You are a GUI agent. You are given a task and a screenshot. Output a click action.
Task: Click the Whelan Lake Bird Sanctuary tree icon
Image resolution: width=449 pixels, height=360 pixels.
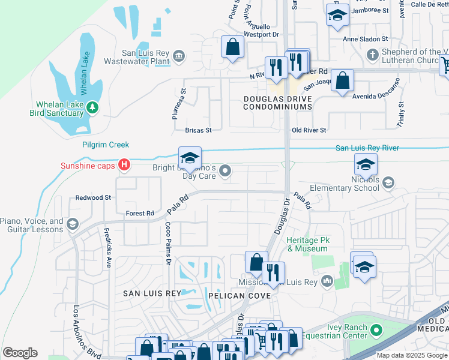point(92,107)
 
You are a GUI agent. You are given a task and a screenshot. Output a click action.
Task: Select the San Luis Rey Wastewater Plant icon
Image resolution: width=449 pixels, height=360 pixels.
point(179,56)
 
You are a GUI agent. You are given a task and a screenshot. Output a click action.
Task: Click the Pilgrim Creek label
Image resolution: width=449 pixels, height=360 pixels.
point(106,145)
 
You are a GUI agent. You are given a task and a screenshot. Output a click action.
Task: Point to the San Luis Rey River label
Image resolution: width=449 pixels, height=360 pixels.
point(367,148)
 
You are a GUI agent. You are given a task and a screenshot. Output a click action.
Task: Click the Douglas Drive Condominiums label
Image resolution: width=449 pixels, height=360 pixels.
point(278,102)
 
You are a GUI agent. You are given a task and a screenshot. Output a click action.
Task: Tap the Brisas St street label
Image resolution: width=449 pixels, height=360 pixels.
point(198,130)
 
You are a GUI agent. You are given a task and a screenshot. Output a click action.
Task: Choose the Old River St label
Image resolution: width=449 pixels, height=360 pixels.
point(309,130)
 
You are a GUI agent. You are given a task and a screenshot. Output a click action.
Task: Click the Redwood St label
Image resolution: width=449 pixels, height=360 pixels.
point(93,197)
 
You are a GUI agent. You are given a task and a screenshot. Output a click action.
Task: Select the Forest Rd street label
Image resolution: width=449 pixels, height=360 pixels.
point(140,213)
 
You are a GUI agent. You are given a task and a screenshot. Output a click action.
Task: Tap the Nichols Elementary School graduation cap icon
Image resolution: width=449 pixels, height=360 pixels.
point(388,182)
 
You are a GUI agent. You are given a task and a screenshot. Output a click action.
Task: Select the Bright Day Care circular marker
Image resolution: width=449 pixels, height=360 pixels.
point(225,172)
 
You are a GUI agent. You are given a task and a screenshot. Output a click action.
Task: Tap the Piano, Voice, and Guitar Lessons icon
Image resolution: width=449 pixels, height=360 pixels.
point(73,224)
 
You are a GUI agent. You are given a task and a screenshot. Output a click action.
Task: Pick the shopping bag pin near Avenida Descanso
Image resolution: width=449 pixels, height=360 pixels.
point(342,80)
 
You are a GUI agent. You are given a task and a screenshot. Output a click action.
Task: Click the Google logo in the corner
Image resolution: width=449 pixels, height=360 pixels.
point(20,353)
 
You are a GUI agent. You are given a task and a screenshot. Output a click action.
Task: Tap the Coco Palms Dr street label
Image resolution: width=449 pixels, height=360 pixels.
point(168,244)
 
